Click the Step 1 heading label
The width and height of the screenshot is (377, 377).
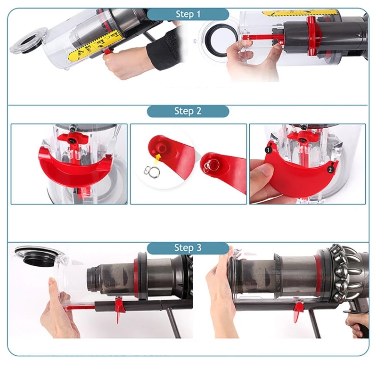[x=188, y=14]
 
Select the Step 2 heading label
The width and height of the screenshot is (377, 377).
[x=188, y=111]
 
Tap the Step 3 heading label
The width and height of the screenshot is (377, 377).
[x=188, y=248]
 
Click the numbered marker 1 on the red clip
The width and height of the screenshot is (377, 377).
[x=268, y=150]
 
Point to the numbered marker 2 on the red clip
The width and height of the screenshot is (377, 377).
[x=331, y=169]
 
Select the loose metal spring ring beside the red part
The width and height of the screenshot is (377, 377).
[x=152, y=172]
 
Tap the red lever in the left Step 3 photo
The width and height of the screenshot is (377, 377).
[x=119, y=308]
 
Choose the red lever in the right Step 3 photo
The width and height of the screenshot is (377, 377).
[x=298, y=311]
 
